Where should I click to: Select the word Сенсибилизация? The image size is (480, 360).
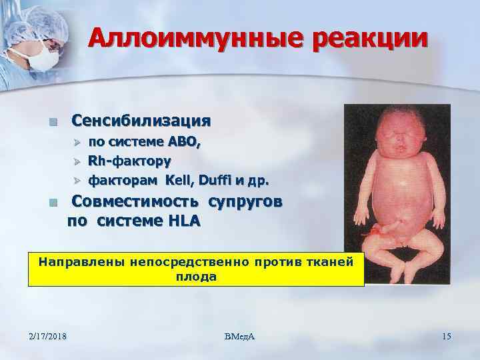pyautogui.click(x=141, y=121)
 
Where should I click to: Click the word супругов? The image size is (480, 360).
pyautogui.click(x=245, y=202)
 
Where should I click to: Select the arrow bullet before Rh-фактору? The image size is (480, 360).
pyautogui.click(x=76, y=161)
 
